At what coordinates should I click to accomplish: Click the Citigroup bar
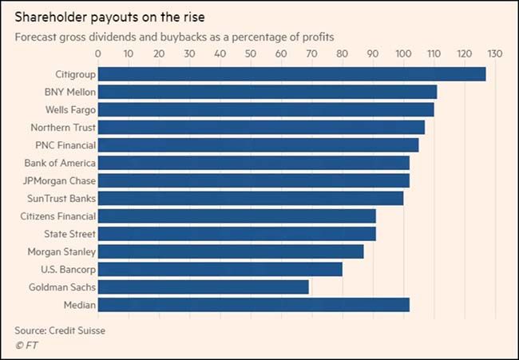pos(291,74)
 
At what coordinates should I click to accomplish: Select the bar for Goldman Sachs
pos(203,287)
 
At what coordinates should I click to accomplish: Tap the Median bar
pos(253,304)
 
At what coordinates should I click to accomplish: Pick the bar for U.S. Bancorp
pos(220,269)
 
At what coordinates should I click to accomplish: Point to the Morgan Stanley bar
pos(230,251)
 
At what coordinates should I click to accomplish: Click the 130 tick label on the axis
pos(495,54)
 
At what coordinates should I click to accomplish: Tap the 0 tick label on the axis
pos(98,54)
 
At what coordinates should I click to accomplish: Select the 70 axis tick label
pos(311,54)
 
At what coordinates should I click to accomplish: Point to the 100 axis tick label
pos(403,54)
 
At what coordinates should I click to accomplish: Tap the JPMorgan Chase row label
pos(60,180)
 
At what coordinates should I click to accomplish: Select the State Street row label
pos(69,234)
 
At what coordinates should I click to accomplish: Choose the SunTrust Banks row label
pos(63,198)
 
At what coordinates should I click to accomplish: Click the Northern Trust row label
pos(63,127)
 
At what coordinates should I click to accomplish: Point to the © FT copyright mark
pos(26,345)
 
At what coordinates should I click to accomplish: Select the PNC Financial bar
pos(258,145)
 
